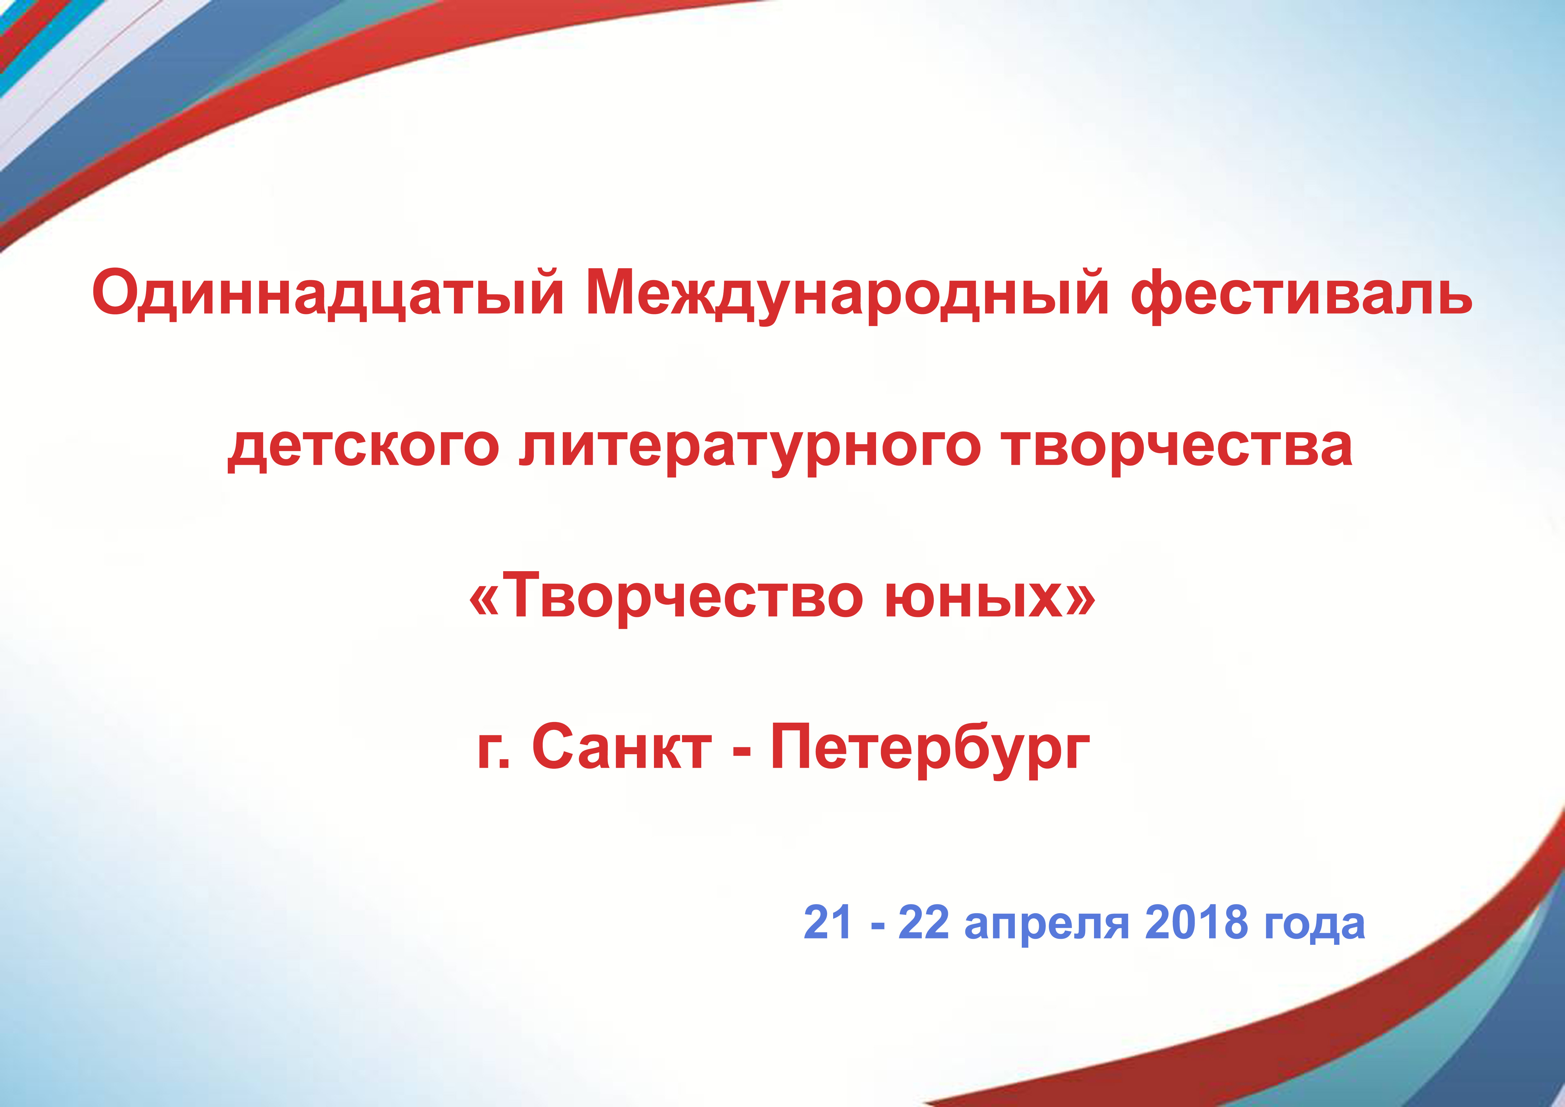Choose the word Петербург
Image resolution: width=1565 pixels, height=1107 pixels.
click(x=930, y=750)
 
